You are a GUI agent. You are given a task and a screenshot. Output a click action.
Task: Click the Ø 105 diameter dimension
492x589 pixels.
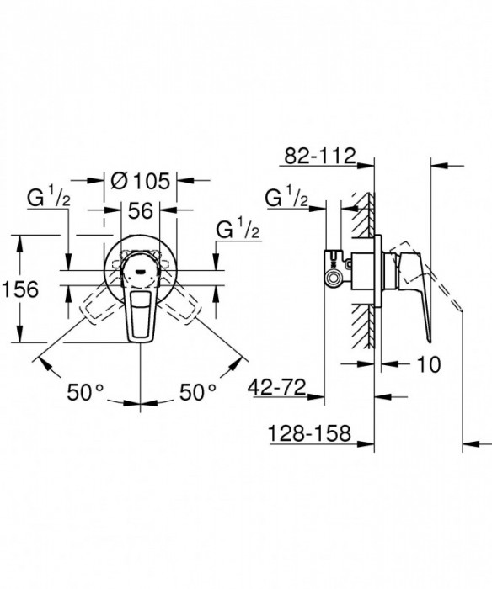[141, 179]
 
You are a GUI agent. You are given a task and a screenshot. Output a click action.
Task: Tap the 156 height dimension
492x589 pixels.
[19, 289]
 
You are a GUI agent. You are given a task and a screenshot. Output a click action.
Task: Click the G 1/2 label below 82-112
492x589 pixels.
[286, 199]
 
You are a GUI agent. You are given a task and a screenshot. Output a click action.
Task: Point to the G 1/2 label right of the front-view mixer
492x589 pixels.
[237, 231]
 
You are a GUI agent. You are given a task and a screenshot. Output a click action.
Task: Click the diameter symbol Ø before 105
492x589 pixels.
[120, 179]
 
